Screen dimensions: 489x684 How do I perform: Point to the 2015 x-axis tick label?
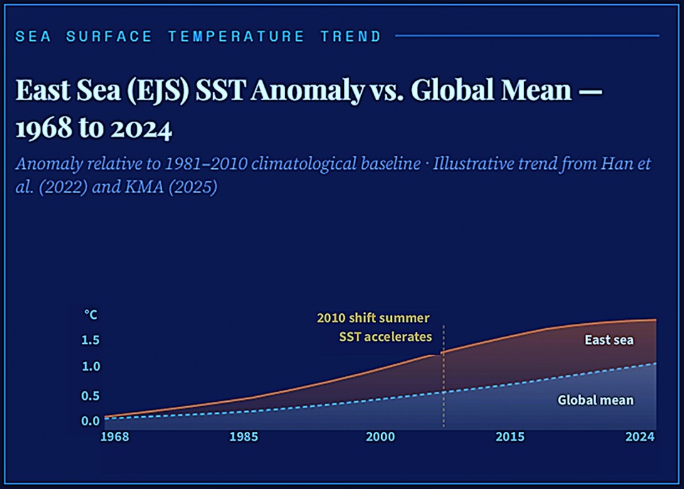click(x=510, y=436)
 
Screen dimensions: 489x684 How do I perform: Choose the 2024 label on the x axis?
click(x=641, y=436)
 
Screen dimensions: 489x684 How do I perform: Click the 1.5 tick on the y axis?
click(x=91, y=340)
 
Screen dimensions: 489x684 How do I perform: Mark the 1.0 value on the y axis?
click(x=91, y=366)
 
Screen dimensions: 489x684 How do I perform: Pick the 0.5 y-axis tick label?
click(x=91, y=395)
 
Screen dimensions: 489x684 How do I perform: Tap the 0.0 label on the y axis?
click(x=91, y=421)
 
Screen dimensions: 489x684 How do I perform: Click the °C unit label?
click(x=91, y=314)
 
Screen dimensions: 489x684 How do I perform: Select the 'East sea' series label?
click(x=609, y=340)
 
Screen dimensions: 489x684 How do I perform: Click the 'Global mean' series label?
click(x=595, y=400)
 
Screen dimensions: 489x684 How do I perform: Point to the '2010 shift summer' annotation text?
click(x=373, y=318)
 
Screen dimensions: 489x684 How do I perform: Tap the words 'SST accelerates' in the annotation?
click(x=385, y=336)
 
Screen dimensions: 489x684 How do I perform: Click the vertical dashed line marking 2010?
click(x=443, y=377)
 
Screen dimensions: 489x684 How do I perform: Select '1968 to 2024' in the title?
click(x=93, y=129)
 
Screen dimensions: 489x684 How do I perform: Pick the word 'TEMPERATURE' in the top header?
click(x=236, y=36)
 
